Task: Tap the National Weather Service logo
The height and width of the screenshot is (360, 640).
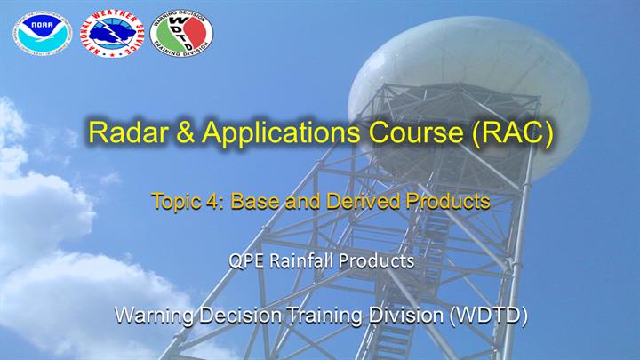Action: [x=112, y=33]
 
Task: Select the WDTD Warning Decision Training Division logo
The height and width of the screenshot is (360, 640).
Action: [x=181, y=33]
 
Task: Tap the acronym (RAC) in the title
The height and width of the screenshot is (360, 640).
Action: [x=512, y=133]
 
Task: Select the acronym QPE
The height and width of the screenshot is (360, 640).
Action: [x=246, y=261]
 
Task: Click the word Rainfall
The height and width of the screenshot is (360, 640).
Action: [x=302, y=260]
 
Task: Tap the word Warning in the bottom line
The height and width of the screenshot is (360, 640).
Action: [x=154, y=316]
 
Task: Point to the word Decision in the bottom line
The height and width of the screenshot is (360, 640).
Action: [x=240, y=315]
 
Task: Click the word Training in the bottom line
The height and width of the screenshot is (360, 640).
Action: [x=324, y=316]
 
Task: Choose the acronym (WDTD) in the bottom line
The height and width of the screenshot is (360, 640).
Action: [x=489, y=316]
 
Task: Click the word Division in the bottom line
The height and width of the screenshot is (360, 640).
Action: [x=405, y=315]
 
